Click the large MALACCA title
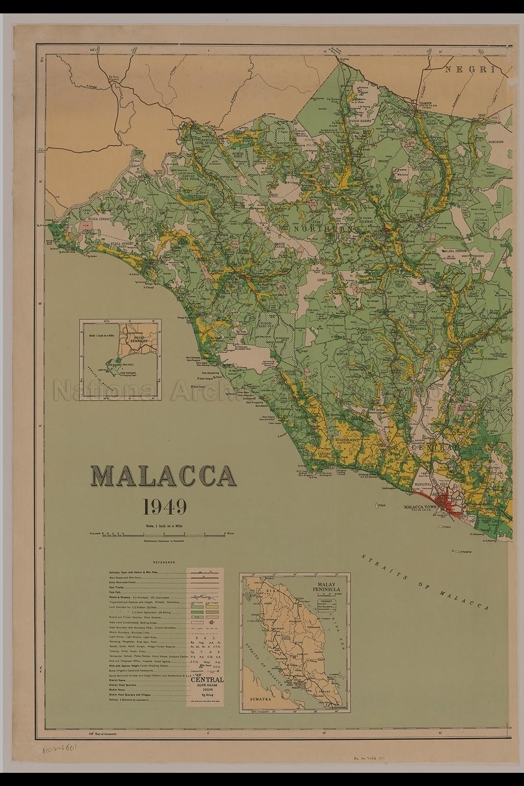pyautogui.click(x=164, y=477)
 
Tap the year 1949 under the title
pyautogui.click(x=164, y=507)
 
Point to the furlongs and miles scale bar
pyautogui.click(x=164, y=534)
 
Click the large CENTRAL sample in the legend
pyautogui.click(x=207, y=680)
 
